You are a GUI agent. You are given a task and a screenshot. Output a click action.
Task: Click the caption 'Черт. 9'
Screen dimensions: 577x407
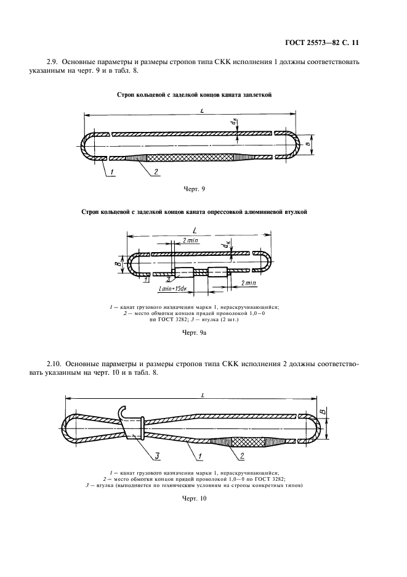coord(195,189)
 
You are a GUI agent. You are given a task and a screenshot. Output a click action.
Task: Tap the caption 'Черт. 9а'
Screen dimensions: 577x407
coord(196,333)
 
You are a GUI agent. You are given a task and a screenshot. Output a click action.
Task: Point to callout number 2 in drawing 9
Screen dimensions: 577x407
coord(156,172)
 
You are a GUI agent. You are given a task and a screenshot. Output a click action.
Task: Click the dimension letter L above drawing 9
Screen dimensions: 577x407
coord(203,110)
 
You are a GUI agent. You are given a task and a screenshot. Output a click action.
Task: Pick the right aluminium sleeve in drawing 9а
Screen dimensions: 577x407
coord(219,273)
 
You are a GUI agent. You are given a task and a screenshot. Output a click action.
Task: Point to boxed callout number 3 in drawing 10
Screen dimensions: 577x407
coord(157,457)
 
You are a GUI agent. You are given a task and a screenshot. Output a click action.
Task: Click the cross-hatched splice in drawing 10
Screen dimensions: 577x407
coord(237,442)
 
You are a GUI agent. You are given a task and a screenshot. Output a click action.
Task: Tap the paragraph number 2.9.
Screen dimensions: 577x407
coord(54,62)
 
